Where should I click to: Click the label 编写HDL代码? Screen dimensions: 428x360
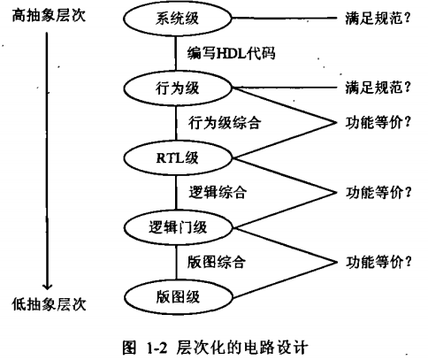[x=232, y=54]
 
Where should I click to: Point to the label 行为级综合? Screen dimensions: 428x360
[x=225, y=123]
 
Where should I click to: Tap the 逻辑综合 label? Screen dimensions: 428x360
[x=218, y=193]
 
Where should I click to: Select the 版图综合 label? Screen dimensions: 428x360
[x=217, y=262]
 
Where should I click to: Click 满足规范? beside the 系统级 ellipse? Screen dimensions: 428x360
[x=378, y=19]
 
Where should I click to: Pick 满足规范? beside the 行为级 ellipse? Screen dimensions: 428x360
[x=378, y=88]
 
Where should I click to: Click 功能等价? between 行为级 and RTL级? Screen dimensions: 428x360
[x=378, y=123]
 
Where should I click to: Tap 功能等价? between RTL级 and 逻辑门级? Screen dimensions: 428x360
[x=378, y=193]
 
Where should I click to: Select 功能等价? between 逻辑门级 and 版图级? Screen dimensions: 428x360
[x=378, y=262]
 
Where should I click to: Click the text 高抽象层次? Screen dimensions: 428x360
[x=49, y=15]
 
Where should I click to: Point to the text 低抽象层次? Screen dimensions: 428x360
[x=49, y=304]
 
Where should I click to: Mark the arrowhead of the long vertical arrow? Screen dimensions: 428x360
[x=47, y=287]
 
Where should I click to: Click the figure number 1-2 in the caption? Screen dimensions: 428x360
[x=157, y=349]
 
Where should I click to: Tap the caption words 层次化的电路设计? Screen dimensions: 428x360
[x=242, y=348]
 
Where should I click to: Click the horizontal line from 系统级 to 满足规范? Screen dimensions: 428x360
[x=284, y=18]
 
